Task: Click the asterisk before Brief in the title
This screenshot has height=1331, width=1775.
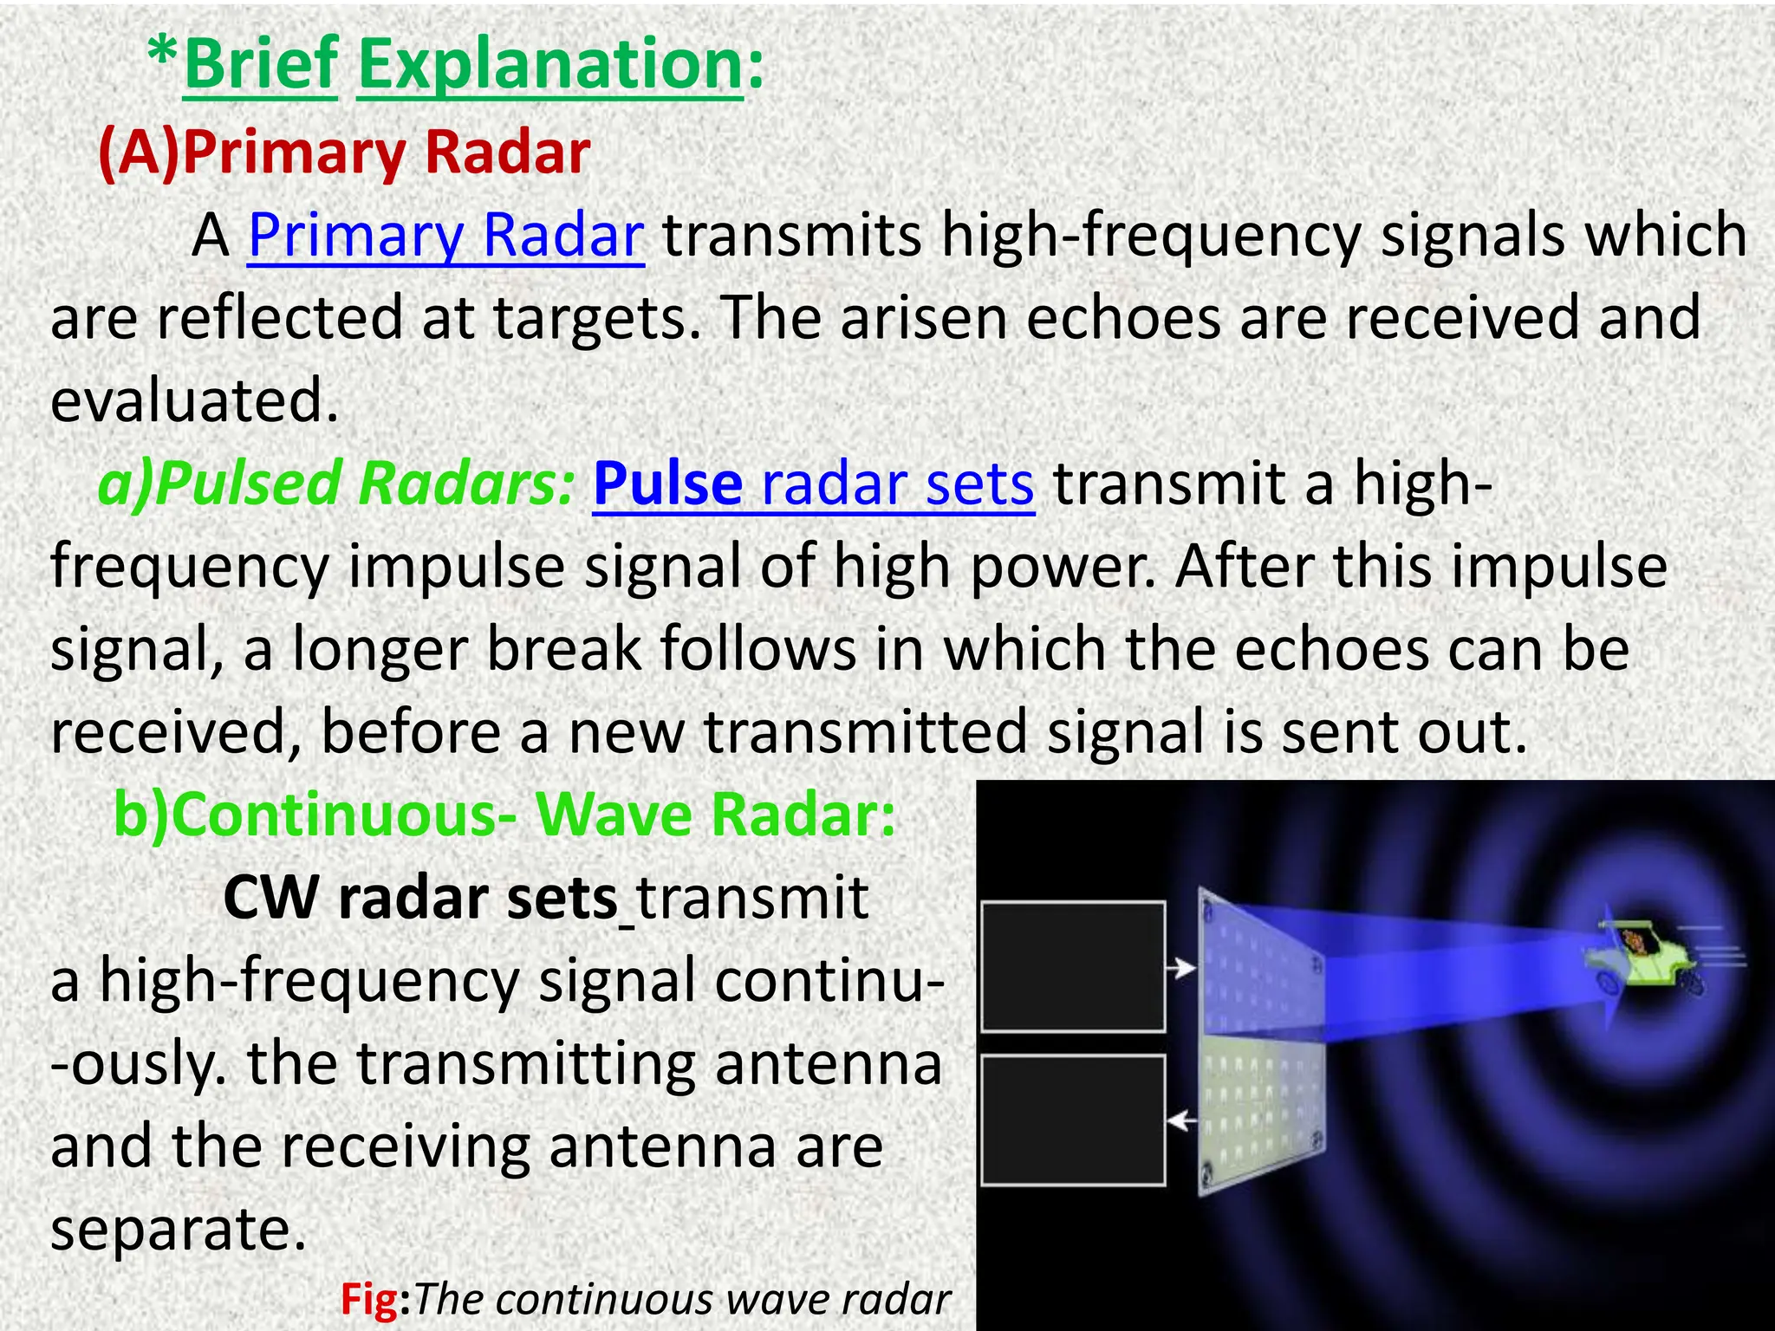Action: pos(163,56)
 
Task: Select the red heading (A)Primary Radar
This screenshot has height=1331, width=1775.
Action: pos(344,153)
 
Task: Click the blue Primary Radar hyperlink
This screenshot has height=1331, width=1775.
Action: pos(445,235)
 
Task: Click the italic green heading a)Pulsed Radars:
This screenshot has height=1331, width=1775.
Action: pos(336,484)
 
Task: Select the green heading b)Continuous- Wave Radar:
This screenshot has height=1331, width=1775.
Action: pos(504,815)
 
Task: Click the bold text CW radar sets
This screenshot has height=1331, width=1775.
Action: pos(420,898)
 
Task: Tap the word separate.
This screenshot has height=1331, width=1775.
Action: pos(179,1229)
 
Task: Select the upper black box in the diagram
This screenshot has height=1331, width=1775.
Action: pos(1073,966)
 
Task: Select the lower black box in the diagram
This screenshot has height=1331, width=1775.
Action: pos(1073,1120)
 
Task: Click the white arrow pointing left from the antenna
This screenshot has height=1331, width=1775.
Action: pos(1180,1121)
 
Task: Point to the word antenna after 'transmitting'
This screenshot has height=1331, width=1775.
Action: pos(828,1064)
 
